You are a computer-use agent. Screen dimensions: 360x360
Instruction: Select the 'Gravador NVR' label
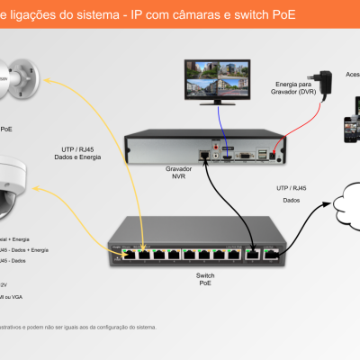(x=178, y=173)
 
